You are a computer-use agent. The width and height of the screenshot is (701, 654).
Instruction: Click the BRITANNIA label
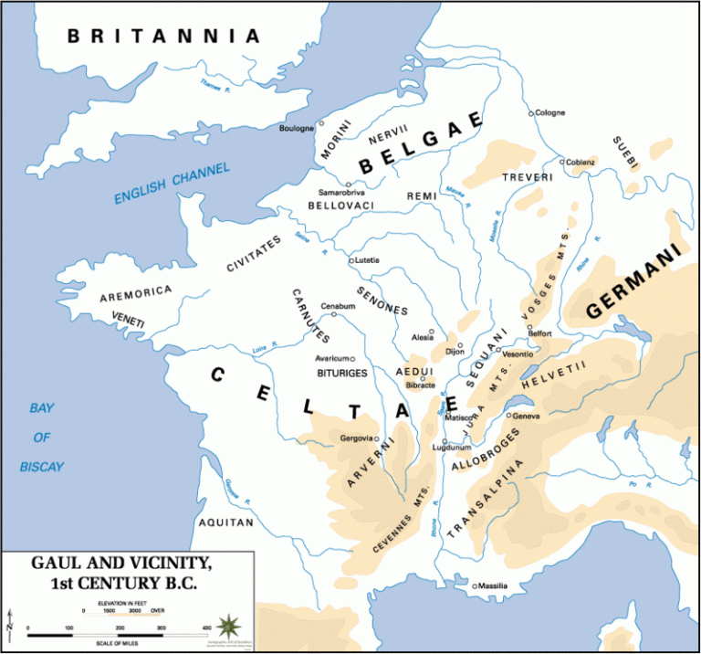(163, 36)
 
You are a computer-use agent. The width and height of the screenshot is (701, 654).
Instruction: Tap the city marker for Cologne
(531, 114)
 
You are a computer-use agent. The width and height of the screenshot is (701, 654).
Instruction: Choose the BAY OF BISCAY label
(42, 437)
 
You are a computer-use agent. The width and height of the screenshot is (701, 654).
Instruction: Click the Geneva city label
(528, 417)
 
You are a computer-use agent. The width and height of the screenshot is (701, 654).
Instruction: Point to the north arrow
(9, 625)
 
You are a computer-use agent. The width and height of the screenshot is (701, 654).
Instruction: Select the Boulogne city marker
(320, 123)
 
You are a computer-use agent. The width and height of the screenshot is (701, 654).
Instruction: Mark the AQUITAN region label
(225, 522)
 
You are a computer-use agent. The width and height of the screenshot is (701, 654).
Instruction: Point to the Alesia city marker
(432, 332)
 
